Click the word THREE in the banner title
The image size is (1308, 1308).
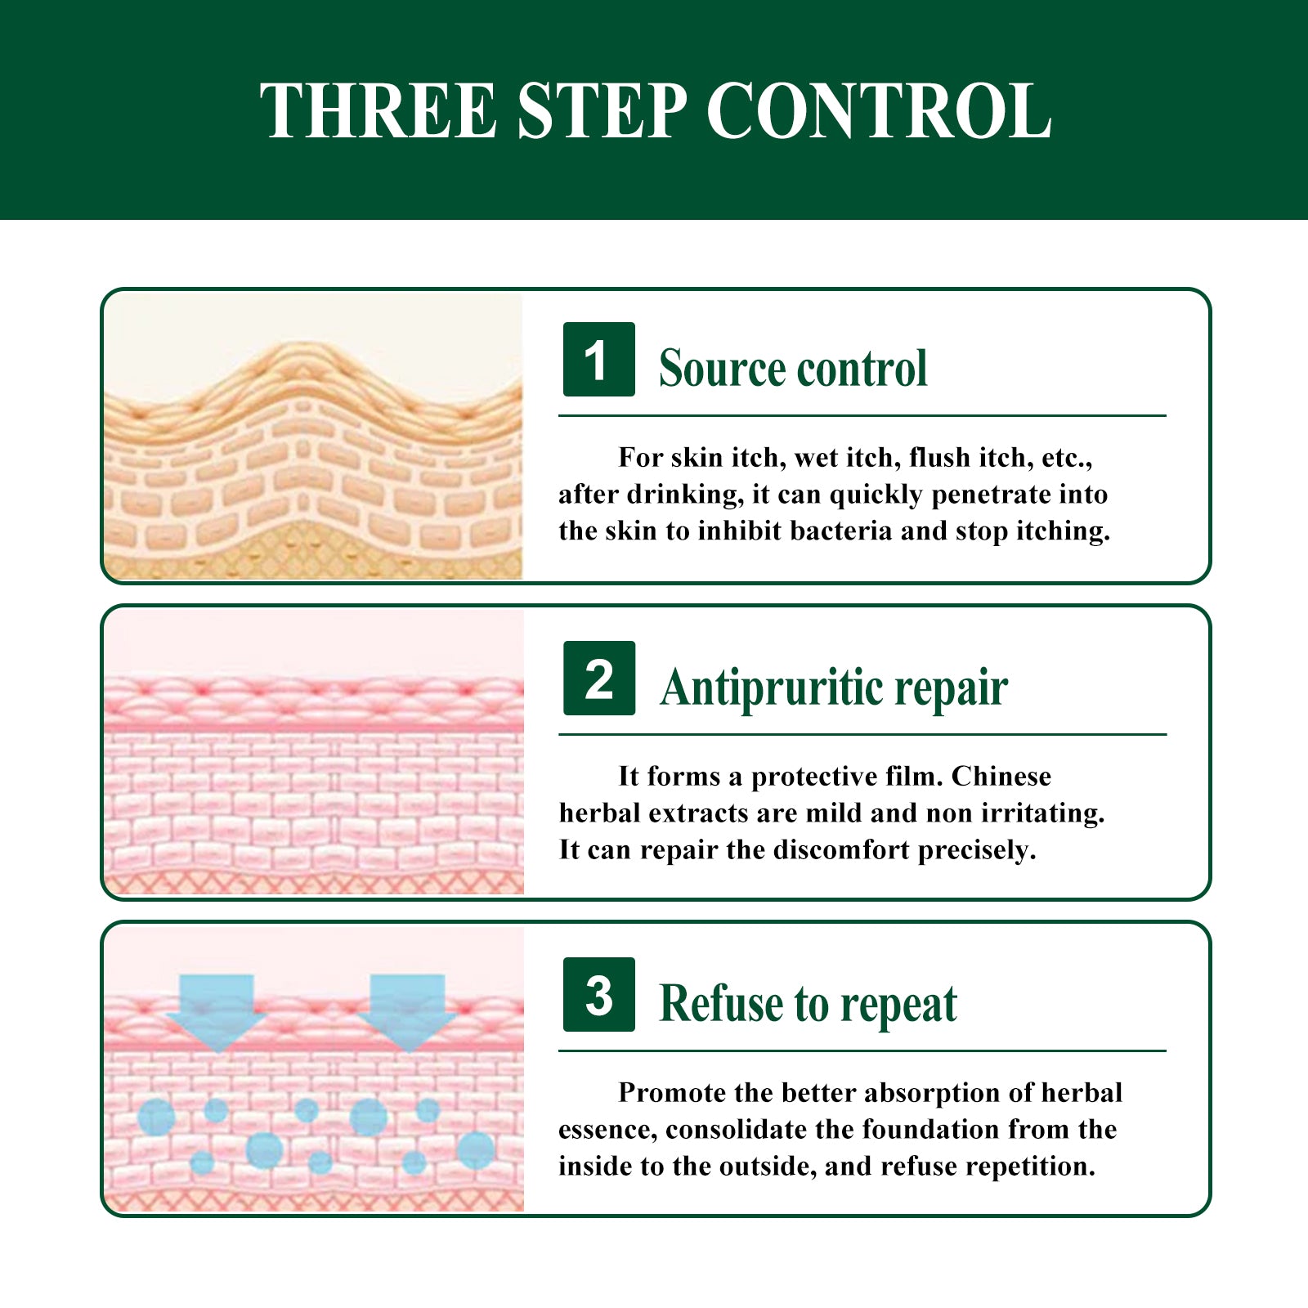[379, 110]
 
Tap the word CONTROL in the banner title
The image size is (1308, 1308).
[879, 110]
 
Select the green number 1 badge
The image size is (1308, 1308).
[598, 360]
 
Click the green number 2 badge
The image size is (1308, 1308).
[598, 679]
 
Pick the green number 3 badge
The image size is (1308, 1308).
[598, 994]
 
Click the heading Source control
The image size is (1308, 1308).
[793, 368]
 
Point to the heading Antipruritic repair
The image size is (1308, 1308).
[834, 688]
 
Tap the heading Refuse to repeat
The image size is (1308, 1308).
[808, 1004]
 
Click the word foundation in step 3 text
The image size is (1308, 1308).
[931, 1129]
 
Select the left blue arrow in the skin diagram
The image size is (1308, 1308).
[217, 1013]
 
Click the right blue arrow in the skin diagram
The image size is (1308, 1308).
[407, 1013]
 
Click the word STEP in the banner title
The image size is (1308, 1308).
[602, 110]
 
